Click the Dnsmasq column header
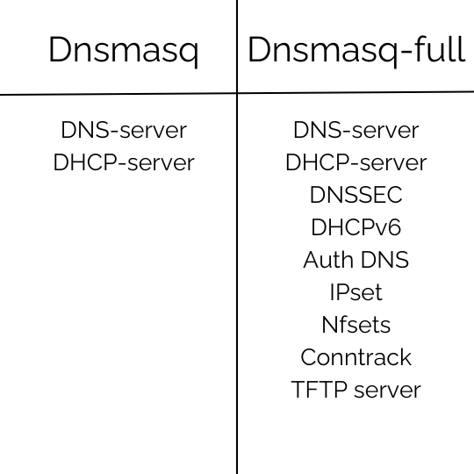click(x=124, y=51)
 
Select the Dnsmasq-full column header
click(x=356, y=50)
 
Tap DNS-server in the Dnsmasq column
click(x=124, y=130)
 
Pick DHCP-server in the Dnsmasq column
click(x=124, y=162)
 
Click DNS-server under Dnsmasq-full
click(x=356, y=130)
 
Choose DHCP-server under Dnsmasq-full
click(x=356, y=162)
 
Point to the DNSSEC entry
click(x=356, y=195)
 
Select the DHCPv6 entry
click(x=356, y=227)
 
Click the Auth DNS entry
click(x=356, y=260)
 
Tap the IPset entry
click(x=356, y=292)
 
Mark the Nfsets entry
click(x=356, y=325)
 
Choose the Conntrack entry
click(x=356, y=357)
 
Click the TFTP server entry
click(x=356, y=390)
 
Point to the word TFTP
click(x=319, y=390)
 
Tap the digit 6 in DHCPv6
click(x=394, y=227)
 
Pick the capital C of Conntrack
click(x=308, y=357)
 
